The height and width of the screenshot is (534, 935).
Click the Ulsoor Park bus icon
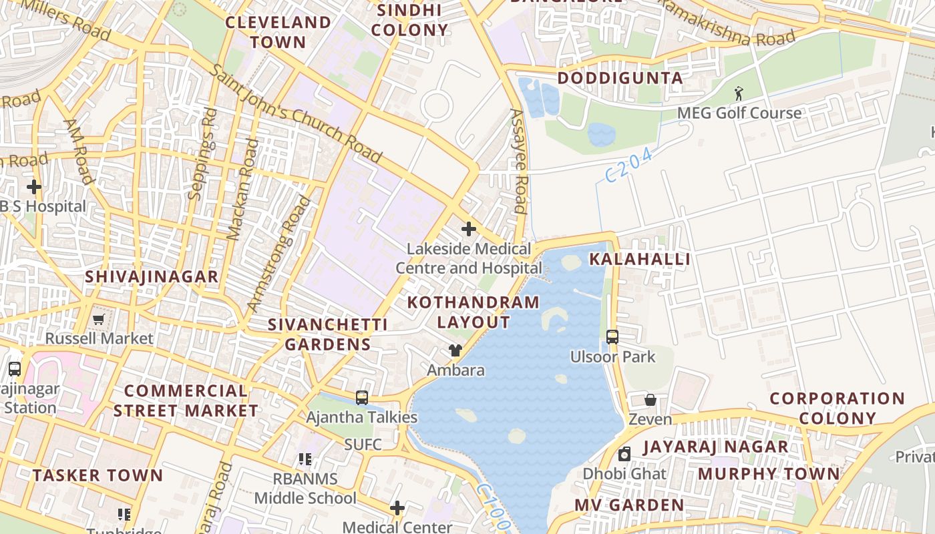coord(612,337)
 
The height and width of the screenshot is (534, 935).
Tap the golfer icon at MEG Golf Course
coord(739,93)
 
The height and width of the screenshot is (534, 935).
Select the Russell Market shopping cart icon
coord(99,320)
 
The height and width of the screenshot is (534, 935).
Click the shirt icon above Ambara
coord(455,350)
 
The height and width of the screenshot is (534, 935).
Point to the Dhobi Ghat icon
coord(624,455)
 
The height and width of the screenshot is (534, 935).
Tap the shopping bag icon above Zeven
coord(650,400)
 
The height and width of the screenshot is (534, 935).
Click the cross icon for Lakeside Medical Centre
coord(469,229)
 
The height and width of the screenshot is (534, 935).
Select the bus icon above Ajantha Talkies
coord(362,398)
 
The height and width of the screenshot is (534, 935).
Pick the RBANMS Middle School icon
coord(305,459)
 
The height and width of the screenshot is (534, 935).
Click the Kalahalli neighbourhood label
coord(639,259)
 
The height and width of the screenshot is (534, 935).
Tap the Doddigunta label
coord(620,78)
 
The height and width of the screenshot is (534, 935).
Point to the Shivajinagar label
coord(152,276)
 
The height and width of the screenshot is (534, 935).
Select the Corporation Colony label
coord(837,409)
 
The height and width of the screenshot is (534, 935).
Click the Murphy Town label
coord(769,474)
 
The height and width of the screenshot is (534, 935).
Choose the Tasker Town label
coord(98,475)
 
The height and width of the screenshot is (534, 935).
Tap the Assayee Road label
coord(519,161)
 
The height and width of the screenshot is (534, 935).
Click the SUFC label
coord(363,445)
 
